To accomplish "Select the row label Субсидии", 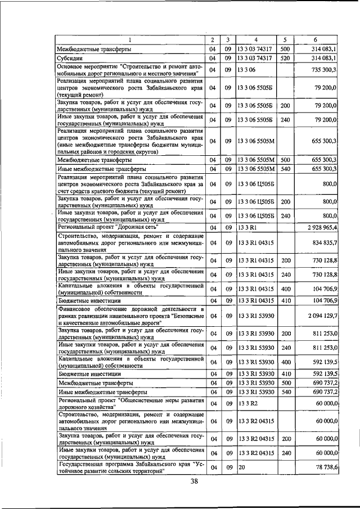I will (71, 58).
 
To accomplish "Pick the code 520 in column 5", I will (285, 58).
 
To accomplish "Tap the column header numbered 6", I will (316, 40).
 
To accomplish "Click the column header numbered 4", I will (255, 40).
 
